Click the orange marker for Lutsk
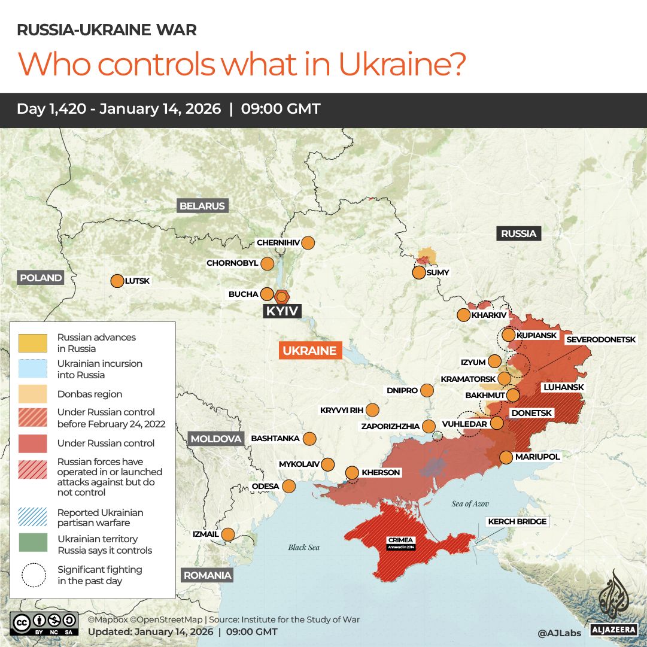click(117, 281)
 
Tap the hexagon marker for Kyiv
click(281, 296)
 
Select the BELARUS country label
click(202, 206)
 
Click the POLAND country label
click(41, 278)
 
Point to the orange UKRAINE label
click(310, 351)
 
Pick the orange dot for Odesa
click(289, 486)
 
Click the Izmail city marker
click(228, 534)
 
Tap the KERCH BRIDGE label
click(517, 522)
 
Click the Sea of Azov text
click(470, 504)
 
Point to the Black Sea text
click(304, 547)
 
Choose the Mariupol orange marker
click(506, 457)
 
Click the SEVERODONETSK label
click(601, 339)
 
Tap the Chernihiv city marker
click(308, 242)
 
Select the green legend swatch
click(33, 544)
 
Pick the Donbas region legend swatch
click(33, 394)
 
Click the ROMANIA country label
click(207, 575)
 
